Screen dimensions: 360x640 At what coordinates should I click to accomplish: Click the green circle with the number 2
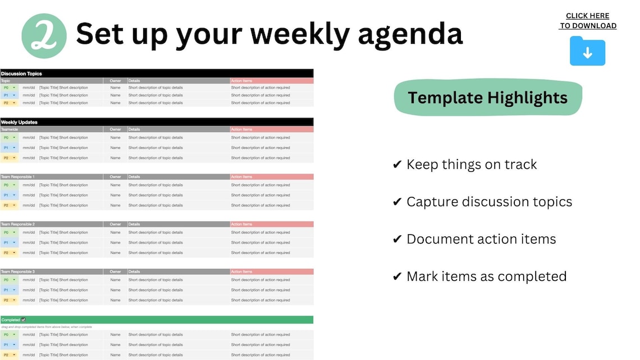pyautogui.click(x=44, y=36)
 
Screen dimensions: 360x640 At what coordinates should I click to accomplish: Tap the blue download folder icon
pyautogui.click(x=587, y=51)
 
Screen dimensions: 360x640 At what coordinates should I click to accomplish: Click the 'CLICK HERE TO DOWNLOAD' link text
pyautogui.click(x=588, y=21)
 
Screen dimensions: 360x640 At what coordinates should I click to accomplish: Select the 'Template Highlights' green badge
pyautogui.click(x=487, y=98)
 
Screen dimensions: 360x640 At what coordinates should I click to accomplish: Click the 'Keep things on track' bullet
pyautogui.click(x=465, y=165)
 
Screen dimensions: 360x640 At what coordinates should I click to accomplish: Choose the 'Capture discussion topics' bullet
pyautogui.click(x=482, y=202)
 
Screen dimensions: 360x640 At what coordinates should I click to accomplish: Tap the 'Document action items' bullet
pyautogui.click(x=474, y=239)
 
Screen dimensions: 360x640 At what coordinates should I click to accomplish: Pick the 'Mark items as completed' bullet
pyautogui.click(x=479, y=276)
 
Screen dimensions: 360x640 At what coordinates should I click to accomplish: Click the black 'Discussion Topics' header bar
pyautogui.click(x=157, y=74)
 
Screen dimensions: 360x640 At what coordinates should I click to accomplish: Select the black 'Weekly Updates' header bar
pyautogui.click(x=157, y=122)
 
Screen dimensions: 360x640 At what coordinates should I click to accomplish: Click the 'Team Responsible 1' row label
pyautogui.click(x=18, y=177)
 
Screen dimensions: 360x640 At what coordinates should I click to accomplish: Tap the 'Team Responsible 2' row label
pyautogui.click(x=18, y=224)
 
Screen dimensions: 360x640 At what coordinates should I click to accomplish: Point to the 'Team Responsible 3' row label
pyautogui.click(x=18, y=271)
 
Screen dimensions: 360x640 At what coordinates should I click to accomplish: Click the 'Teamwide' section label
pyautogui.click(x=10, y=129)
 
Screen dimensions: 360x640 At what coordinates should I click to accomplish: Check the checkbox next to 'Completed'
pyautogui.click(x=24, y=320)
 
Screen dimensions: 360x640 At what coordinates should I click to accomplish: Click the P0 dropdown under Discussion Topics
pyautogui.click(x=10, y=88)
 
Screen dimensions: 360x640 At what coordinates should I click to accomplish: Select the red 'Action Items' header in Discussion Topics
pyautogui.click(x=271, y=81)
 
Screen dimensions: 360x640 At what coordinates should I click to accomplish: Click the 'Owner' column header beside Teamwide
pyautogui.click(x=115, y=129)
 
